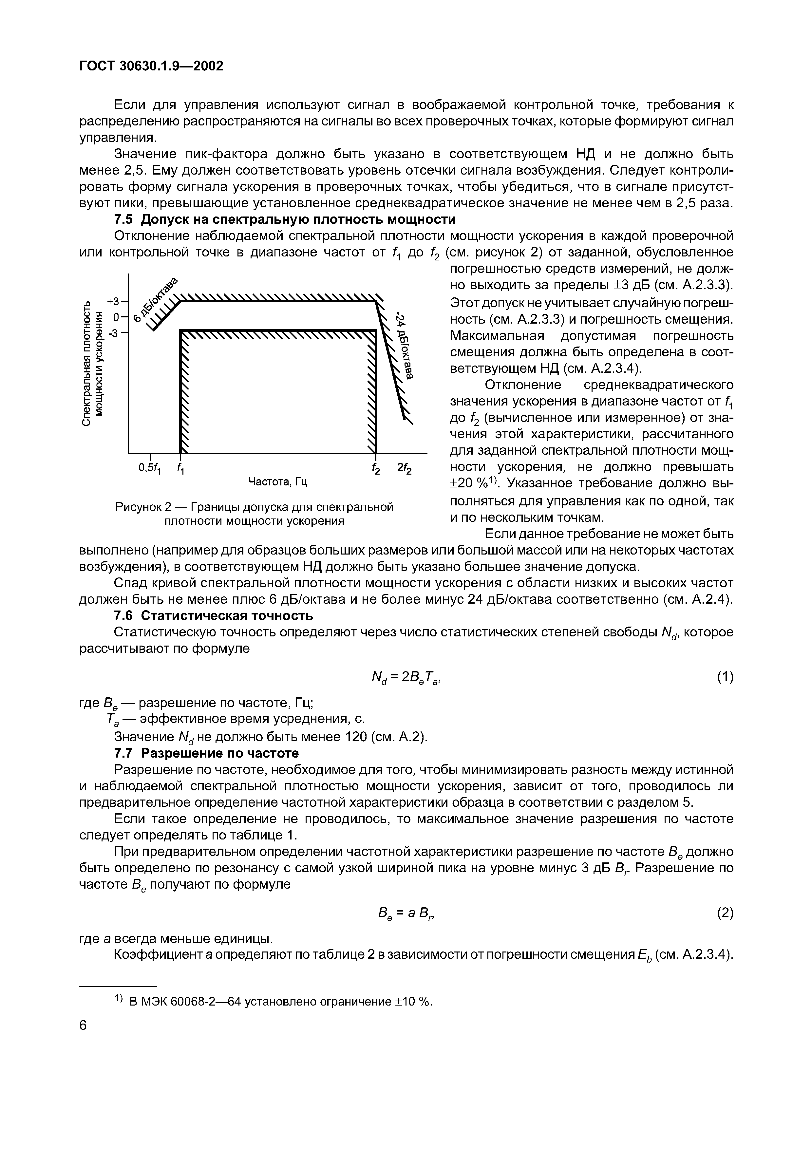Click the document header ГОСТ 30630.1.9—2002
(x=151, y=66)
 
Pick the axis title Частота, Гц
(x=278, y=481)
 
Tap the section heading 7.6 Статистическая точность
(x=214, y=615)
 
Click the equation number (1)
(x=725, y=677)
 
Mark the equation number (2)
(x=725, y=913)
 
